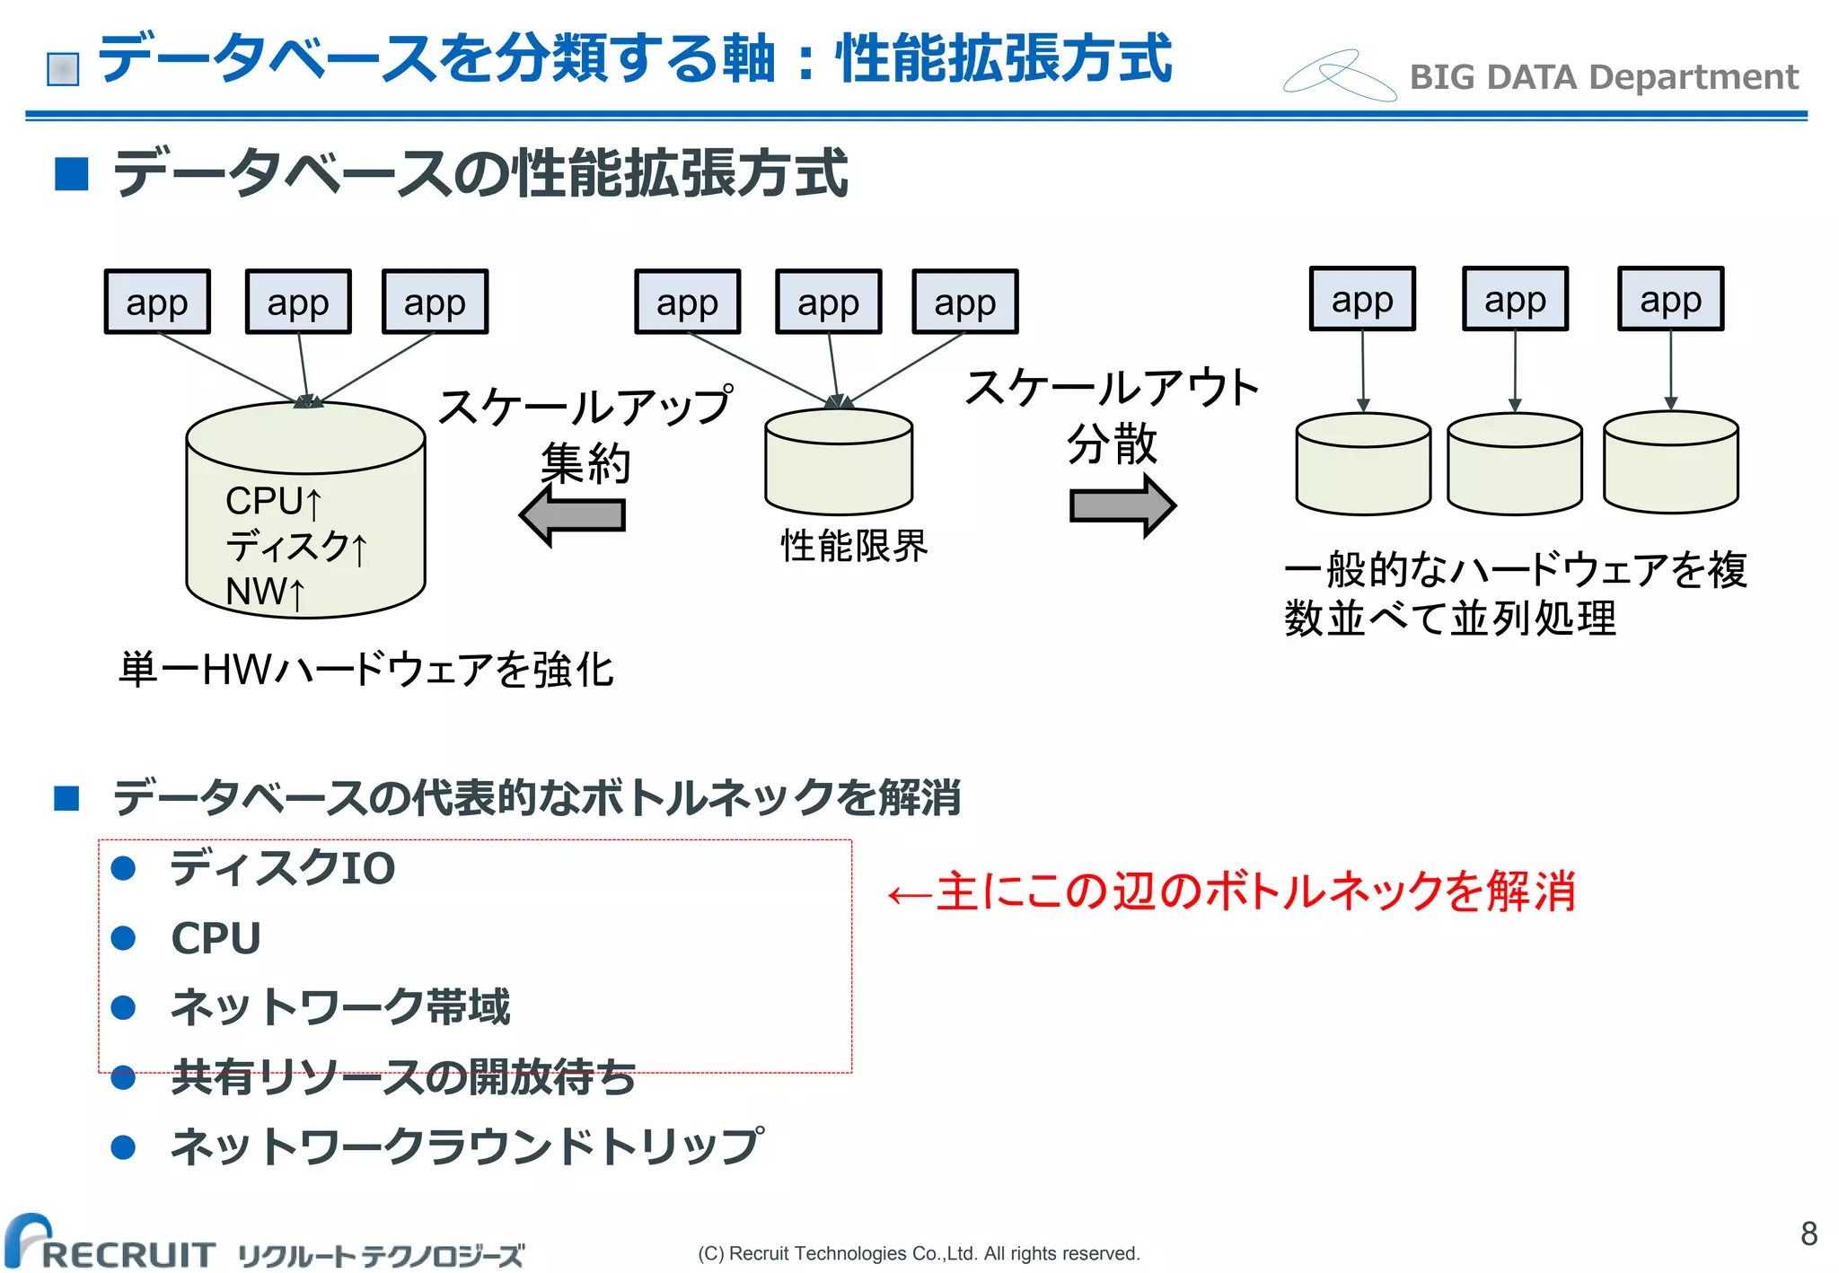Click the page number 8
click(1808, 1233)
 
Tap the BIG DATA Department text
click(1603, 77)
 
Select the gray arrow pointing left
click(572, 515)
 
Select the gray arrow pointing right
click(1122, 506)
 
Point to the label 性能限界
click(854, 546)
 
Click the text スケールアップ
click(585, 406)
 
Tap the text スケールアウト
click(1112, 388)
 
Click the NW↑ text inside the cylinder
click(265, 593)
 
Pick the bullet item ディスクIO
click(283, 868)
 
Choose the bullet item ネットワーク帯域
click(340, 1006)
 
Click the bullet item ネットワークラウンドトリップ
click(467, 1146)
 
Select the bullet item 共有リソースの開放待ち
click(403, 1077)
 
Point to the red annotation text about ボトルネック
click(1231, 891)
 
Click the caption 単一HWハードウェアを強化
click(365, 670)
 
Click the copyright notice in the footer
click(919, 1253)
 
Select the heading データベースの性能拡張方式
click(480, 173)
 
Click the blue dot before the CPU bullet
click(123, 938)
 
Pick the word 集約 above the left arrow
click(585, 463)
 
